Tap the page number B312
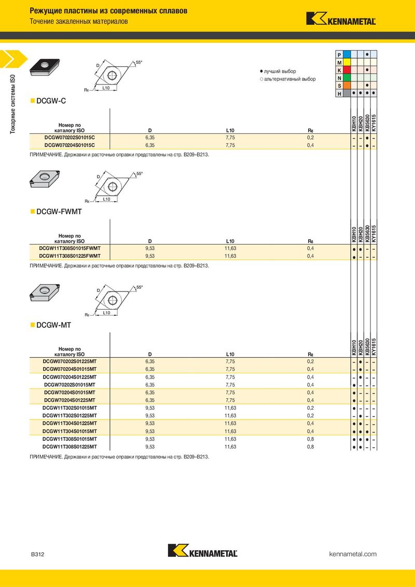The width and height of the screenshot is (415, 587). coord(37,554)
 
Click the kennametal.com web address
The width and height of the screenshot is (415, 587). coord(353,554)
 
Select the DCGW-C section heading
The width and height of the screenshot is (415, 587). coord(51,101)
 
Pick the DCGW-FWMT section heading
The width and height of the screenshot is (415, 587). coord(59,212)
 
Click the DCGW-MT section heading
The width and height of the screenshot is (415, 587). coord(53,325)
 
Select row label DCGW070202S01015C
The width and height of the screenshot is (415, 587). coord(70,137)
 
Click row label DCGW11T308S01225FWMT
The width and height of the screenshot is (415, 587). coord(70,256)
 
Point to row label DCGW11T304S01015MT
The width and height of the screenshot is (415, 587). coord(70,431)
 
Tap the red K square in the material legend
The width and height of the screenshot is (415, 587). coord(347,70)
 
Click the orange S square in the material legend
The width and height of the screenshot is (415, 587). coord(347,86)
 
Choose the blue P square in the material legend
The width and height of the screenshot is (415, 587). coord(347,54)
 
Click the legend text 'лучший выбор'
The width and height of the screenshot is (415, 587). coord(280,72)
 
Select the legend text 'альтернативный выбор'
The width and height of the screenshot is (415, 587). coord(290,79)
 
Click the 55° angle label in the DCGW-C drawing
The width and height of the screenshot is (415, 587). coord(139,63)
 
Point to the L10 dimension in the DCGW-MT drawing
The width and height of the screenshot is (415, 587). coord(107,313)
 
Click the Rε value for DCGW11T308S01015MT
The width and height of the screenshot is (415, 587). coord(311,439)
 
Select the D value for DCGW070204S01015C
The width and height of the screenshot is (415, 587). coord(150,145)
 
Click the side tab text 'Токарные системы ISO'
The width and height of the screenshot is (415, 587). coord(13,104)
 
